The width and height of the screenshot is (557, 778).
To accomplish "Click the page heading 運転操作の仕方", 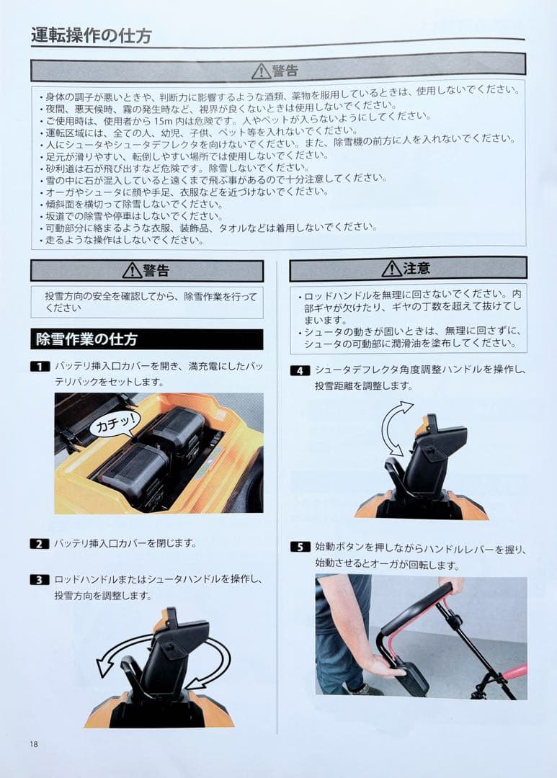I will (x=91, y=35).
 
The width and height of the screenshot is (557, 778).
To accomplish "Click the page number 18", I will (x=35, y=743).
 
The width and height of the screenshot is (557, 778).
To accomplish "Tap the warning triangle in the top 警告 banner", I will (x=261, y=71).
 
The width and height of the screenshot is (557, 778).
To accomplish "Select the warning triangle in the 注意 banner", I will (x=391, y=269).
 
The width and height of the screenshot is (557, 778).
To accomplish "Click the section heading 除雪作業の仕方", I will (x=86, y=339).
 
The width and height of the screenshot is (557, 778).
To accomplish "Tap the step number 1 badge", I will (x=40, y=366).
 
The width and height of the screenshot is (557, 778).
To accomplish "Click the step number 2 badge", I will (x=40, y=543).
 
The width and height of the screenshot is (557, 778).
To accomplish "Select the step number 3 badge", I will (x=40, y=579).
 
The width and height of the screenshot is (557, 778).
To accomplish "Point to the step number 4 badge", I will (x=300, y=370).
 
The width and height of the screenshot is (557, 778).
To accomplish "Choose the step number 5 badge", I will (x=300, y=547).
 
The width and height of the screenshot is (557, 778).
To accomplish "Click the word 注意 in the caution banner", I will (x=416, y=269).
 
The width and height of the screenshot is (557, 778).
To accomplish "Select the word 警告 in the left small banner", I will (x=156, y=271).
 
